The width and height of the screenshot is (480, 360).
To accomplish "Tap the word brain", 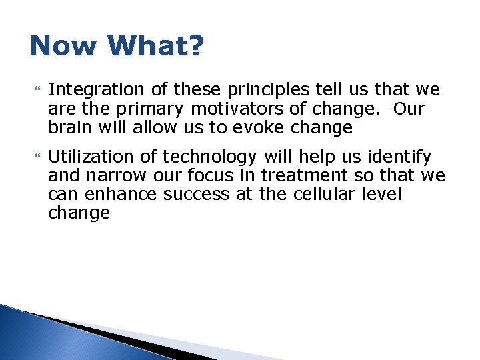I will coord(69,127).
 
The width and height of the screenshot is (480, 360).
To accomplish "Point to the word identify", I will coord(397,157).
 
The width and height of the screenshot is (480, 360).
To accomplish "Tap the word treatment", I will coord(304,176).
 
